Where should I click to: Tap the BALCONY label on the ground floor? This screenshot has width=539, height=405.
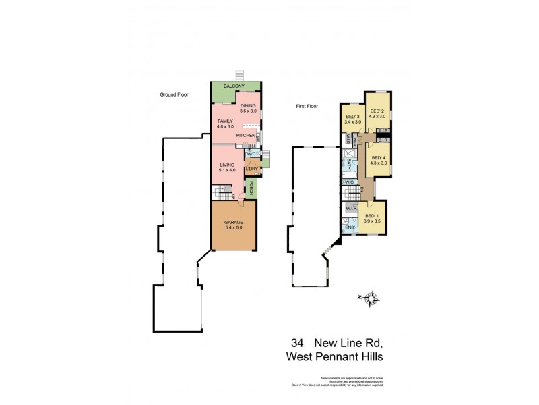pos(234,86)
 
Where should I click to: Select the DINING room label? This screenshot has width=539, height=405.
pos(249,106)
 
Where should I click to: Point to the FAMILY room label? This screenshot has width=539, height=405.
pos(225,122)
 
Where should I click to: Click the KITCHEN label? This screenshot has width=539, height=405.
pos(245,136)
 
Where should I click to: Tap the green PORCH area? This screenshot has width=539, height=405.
pos(251,188)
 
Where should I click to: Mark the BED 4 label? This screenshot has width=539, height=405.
pos(378,159)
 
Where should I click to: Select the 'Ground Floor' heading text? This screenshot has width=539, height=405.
pos(173,95)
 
